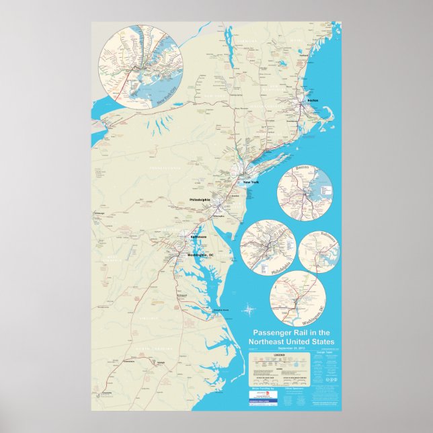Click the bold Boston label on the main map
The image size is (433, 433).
pyautogui.click(x=312, y=100)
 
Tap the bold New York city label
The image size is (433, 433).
pyautogui.click(x=250, y=183)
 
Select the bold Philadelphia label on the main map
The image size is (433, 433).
pyautogui.click(x=200, y=200)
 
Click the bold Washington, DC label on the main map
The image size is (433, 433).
pyautogui.click(x=200, y=255)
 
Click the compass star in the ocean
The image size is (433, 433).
pyautogui.click(x=249, y=310)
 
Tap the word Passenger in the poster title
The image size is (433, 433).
pyautogui.click(x=272, y=333)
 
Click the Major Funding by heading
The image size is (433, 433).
pyautogui.click(x=264, y=388)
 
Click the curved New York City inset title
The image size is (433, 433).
pyautogui.click(x=170, y=95)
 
